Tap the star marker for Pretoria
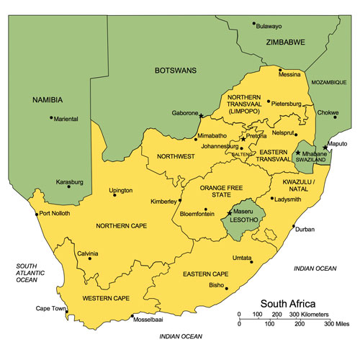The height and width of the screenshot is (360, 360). point(243,139)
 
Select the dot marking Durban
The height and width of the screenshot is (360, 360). point(293,228)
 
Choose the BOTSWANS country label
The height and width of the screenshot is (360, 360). point(176,71)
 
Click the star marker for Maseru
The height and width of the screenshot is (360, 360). point(229,212)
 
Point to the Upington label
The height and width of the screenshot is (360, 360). point(120,191)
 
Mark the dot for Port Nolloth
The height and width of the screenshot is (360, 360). point(37,213)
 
